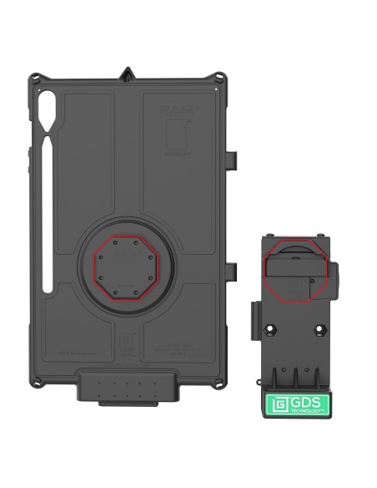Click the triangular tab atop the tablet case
(128, 73)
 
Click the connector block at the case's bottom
(129, 389)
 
